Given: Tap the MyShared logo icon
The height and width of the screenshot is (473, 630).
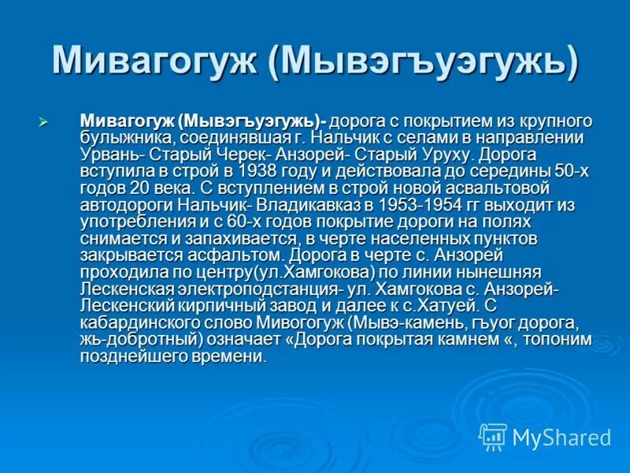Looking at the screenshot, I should coord(493,436).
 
